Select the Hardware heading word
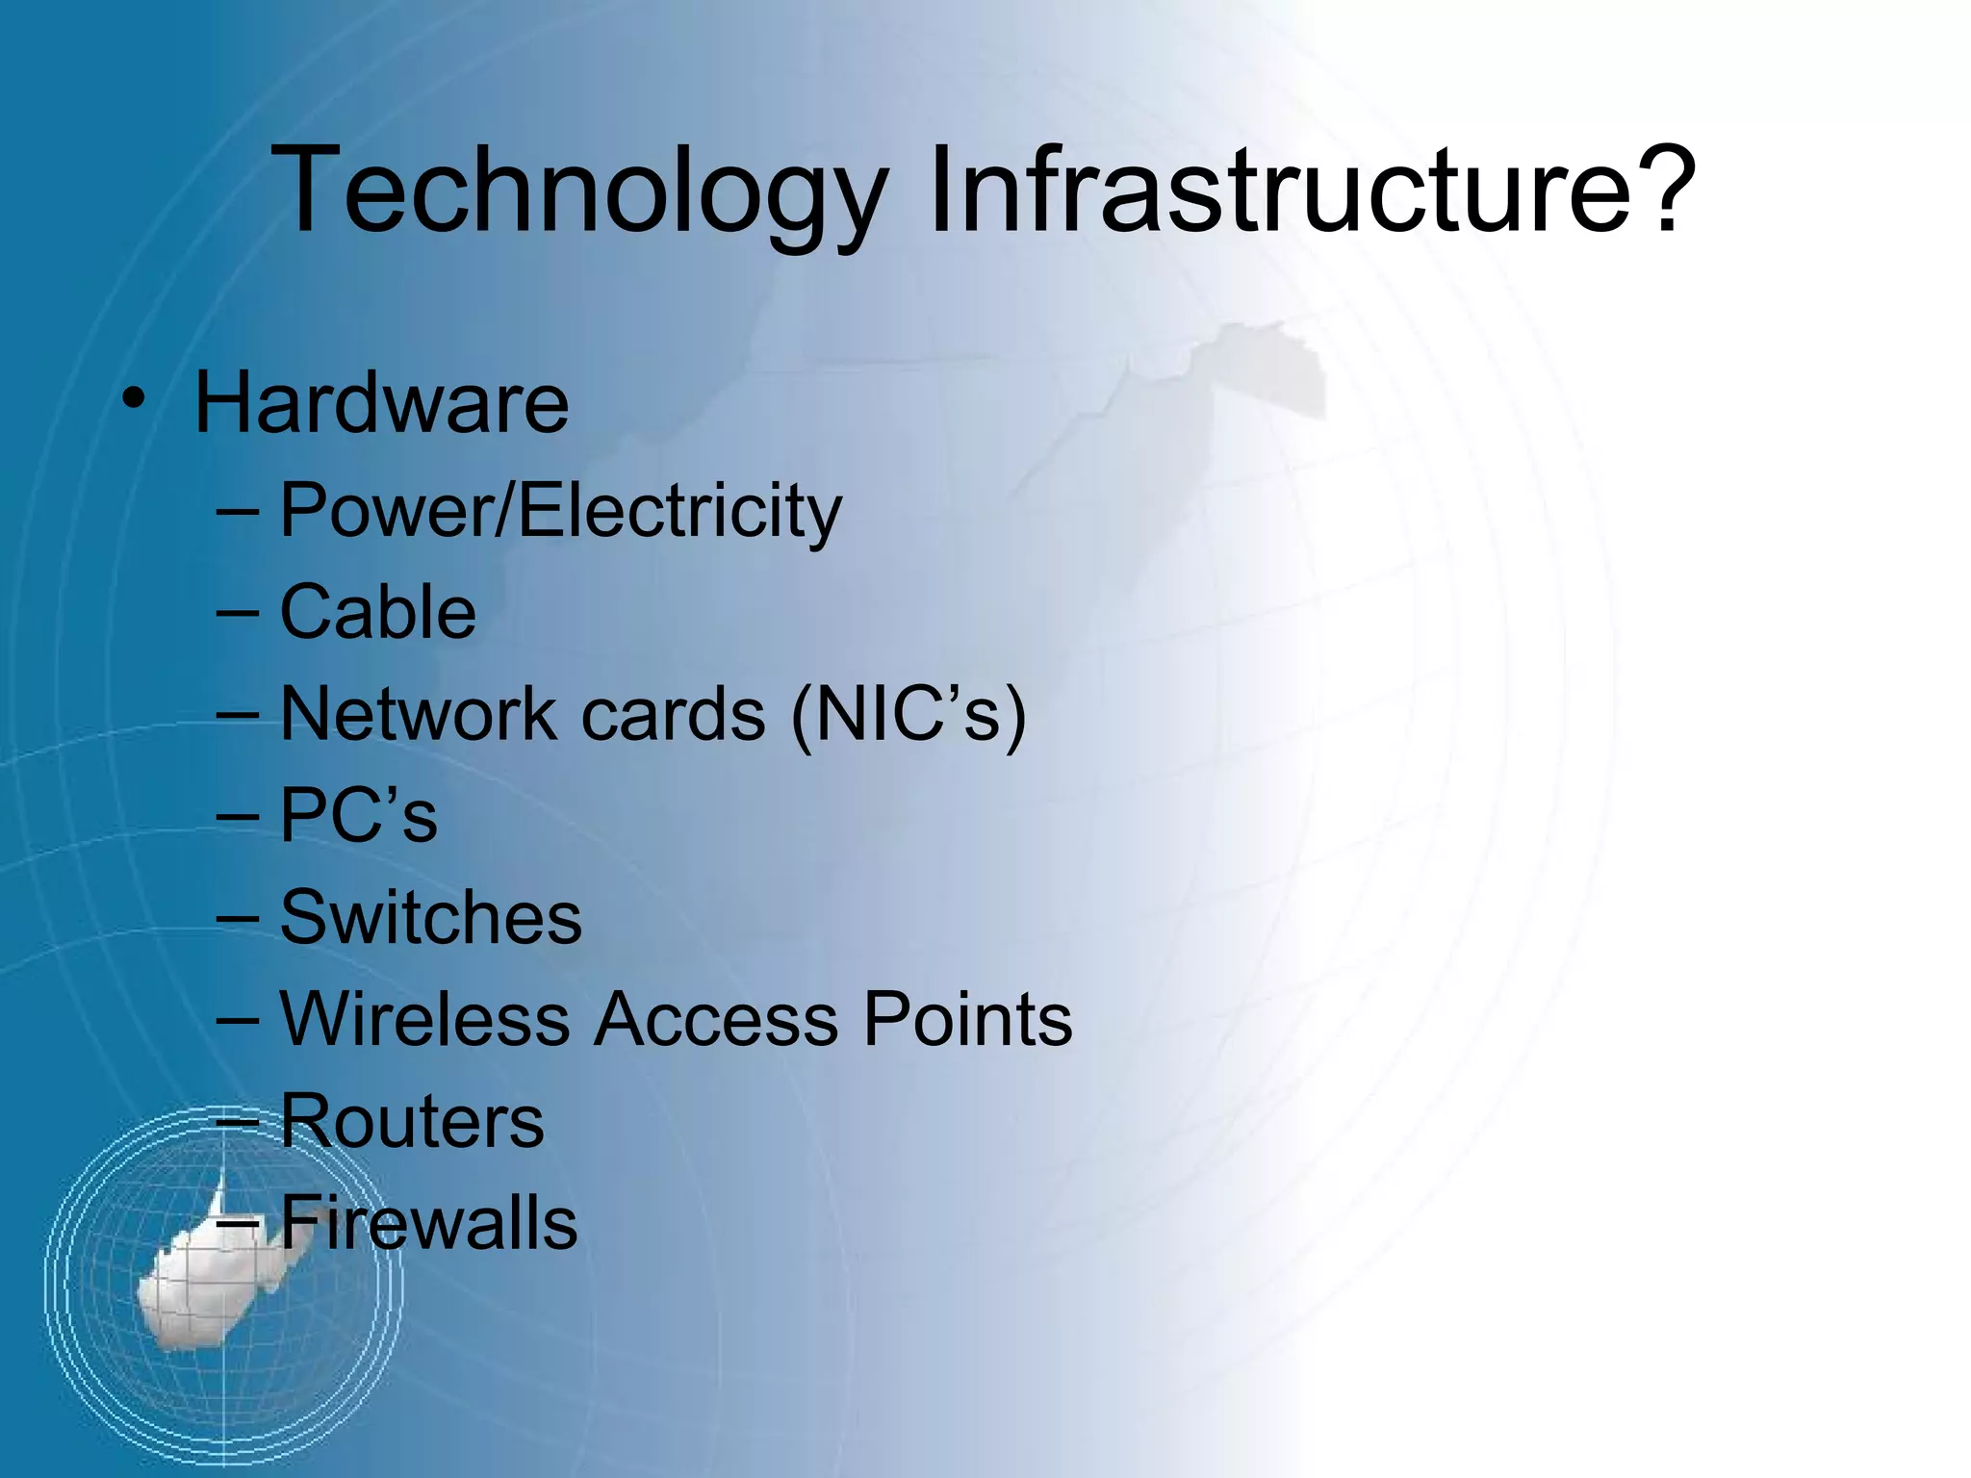pyautogui.click(x=381, y=403)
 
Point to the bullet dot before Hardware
pyautogui.click(x=134, y=398)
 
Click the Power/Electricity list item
pyautogui.click(x=560, y=511)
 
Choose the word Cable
pyautogui.click(x=377, y=612)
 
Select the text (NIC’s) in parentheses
pyautogui.click(x=909, y=716)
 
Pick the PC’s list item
pyautogui.click(x=358, y=816)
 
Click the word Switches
pyautogui.click(x=430, y=917)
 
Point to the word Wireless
pyautogui.click(x=424, y=1019)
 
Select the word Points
pyautogui.click(x=967, y=1019)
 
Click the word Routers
pyautogui.click(x=412, y=1121)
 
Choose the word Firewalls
pyautogui.click(x=428, y=1223)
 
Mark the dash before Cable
pyautogui.click(x=238, y=613)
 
